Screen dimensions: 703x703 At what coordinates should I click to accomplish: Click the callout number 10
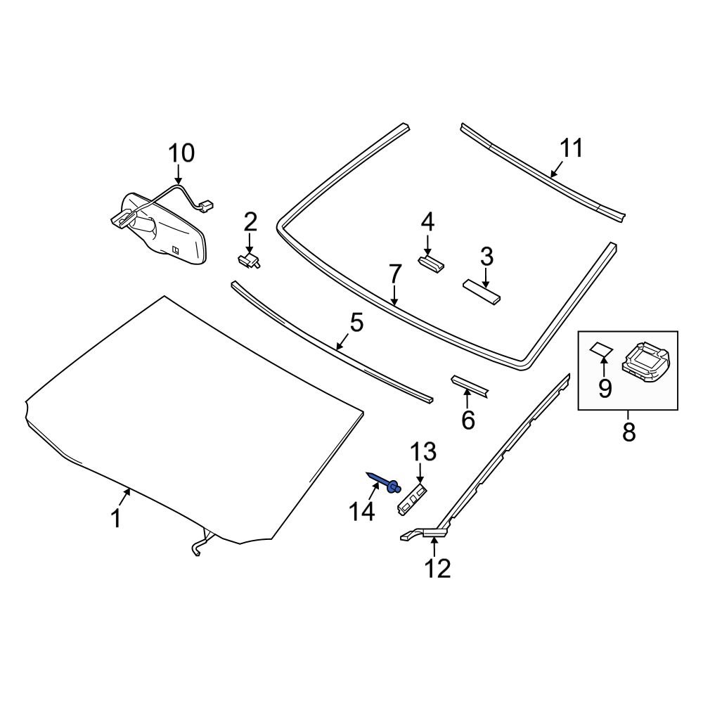180,152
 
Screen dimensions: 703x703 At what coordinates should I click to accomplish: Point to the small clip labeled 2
249,262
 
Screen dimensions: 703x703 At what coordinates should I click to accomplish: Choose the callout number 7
394,273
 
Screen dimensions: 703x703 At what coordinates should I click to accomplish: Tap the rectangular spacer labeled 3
482,291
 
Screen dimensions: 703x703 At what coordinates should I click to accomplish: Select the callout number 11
571,148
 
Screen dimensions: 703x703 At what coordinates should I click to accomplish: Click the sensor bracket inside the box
644,361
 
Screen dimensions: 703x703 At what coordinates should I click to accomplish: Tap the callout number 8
628,432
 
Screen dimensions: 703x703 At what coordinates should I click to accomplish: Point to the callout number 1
115,520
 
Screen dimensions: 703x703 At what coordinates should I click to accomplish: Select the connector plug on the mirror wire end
206,206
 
